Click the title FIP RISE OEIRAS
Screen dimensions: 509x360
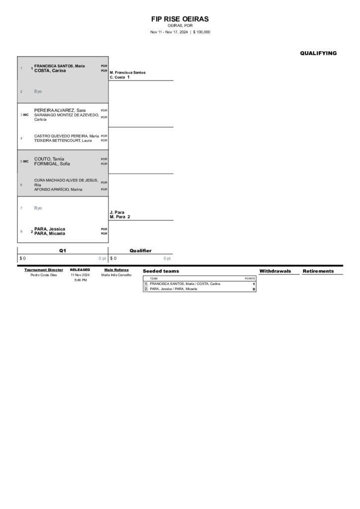point(180,19)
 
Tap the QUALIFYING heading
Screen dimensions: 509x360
point(318,53)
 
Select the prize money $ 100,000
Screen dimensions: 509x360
point(201,32)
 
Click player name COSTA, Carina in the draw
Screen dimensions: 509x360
point(50,71)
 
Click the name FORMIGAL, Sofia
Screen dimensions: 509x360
point(52,164)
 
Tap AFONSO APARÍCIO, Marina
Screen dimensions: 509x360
point(58,189)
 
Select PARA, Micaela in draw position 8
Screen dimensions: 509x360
point(50,233)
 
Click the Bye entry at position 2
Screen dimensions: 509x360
point(38,91)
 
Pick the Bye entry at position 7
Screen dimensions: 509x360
point(38,208)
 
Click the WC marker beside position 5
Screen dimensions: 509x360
point(25,161)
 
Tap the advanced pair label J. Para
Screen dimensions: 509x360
point(117,212)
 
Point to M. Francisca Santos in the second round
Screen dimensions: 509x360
point(128,73)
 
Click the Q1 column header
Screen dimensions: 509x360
point(63,251)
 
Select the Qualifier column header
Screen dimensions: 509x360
point(141,251)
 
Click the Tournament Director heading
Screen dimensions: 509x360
point(44,270)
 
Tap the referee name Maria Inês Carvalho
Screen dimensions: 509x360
point(116,275)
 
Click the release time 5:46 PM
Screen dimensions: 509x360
point(80,280)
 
